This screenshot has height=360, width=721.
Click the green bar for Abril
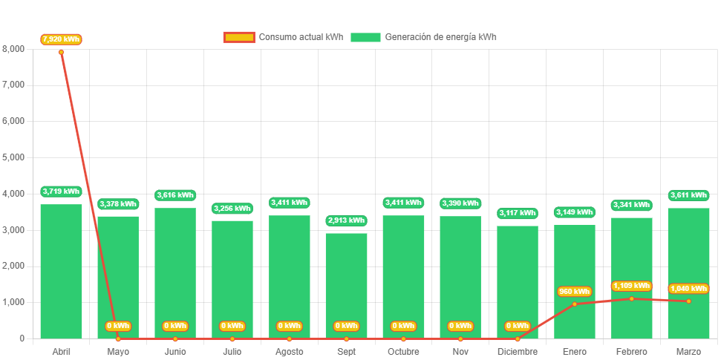coord(61,271)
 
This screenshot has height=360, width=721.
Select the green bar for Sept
coord(346,286)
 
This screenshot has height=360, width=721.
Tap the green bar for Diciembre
coord(518,282)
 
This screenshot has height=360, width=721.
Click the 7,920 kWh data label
coord(61,39)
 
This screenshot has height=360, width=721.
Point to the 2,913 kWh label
coord(346,220)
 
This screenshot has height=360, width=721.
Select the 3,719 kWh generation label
coord(61,192)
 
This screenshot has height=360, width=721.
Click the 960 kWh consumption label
coord(575,292)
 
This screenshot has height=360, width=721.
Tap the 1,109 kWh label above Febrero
coord(631,286)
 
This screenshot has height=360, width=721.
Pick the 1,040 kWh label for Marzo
coord(688,289)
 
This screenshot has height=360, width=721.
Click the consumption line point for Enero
coord(575,304)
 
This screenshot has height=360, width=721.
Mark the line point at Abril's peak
coord(61,52)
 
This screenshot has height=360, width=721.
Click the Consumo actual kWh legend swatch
coord(239,37)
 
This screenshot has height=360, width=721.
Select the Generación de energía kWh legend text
coord(441,37)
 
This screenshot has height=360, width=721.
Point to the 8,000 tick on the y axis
coord(13,49)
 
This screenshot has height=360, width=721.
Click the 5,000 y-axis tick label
coord(13,157)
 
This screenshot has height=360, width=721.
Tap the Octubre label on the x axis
coord(403,351)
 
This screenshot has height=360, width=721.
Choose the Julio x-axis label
coord(232,351)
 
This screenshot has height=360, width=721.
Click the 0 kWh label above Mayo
coord(118,326)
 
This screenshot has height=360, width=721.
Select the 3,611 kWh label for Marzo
coord(688,195)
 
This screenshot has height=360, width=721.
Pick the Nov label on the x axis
coord(460,351)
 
